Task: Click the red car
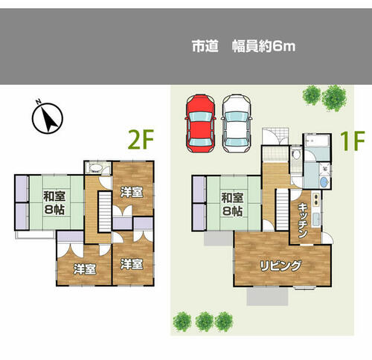click(x=200, y=123)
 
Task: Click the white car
click(x=237, y=123)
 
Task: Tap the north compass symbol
click(x=48, y=118)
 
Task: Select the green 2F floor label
click(x=141, y=140)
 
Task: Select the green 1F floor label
click(x=353, y=141)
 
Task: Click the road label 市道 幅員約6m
click(x=244, y=46)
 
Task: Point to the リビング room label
click(x=280, y=266)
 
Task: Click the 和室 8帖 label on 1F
click(x=232, y=205)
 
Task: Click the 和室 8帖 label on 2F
click(x=54, y=202)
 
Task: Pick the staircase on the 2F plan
click(x=105, y=212)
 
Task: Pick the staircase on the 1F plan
click(x=282, y=210)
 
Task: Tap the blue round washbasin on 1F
click(x=324, y=182)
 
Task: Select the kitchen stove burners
click(x=316, y=199)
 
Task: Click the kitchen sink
click(x=316, y=219)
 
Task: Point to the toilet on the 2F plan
click(x=95, y=168)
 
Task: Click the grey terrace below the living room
click(x=267, y=296)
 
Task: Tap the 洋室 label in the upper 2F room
click(x=132, y=192)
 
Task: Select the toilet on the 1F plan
click(x=296, y=154)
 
